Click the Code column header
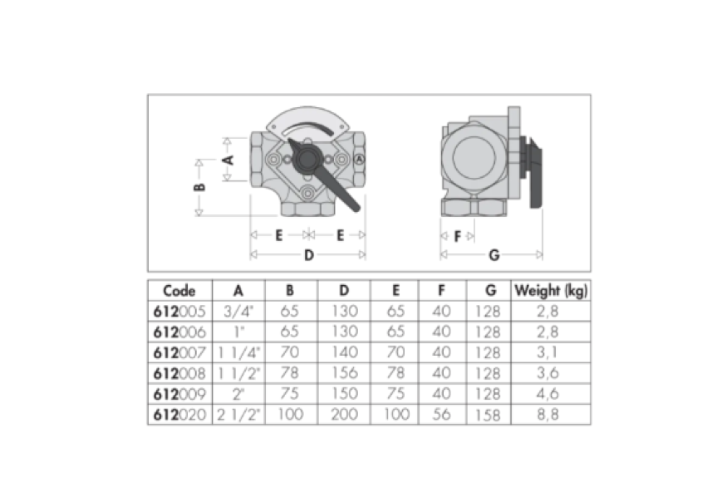click(179, 291)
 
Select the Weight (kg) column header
click(551, 291)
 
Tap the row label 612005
click(179, 312)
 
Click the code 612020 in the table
click(179, 415)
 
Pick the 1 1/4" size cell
click(238, 352)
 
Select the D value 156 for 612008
click(345, 373)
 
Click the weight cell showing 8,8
click(548, 415)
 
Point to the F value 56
click(441, 415)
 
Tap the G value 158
click(489, 415)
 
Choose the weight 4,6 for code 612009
click(548, 393)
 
